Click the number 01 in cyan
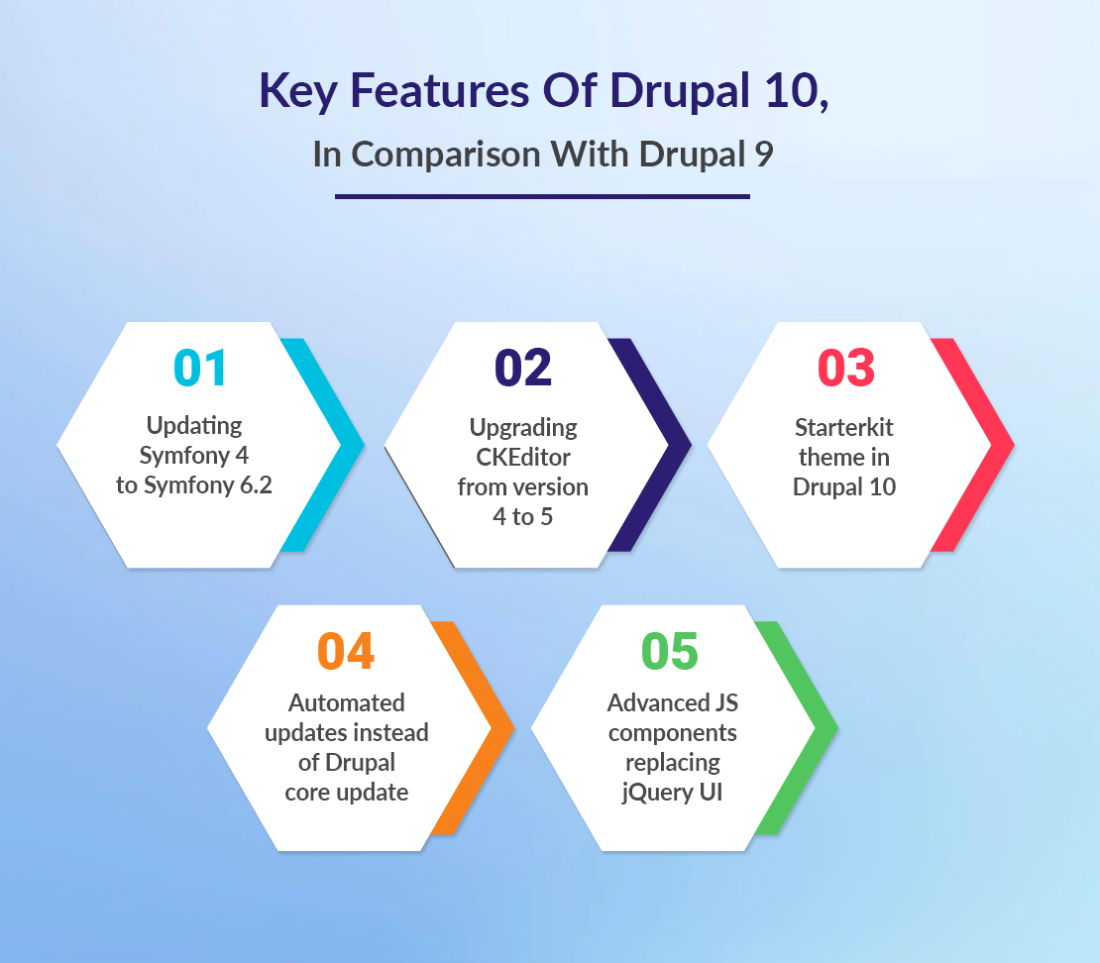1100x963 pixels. pos(200,368)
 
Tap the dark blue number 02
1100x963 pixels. pos(523,368)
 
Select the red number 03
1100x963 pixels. pos(846,368)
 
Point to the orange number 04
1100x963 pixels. pos(346,651)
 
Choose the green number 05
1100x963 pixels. pos(670,651)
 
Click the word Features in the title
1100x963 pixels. pos(439,90)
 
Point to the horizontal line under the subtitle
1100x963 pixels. pos(542,197)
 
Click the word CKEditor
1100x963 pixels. pos(523,458)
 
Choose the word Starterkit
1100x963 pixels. pos(844,427)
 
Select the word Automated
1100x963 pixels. pos(347,702)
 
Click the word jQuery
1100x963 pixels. pos(647,793)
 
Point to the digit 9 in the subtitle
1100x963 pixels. pos(764,155)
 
